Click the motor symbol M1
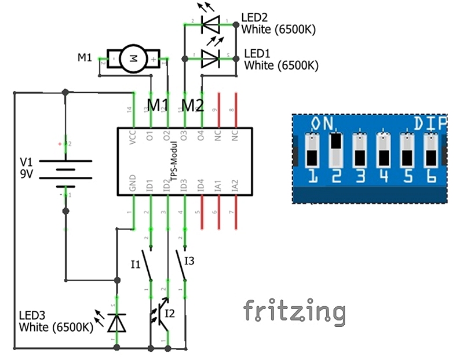[x=134, y=58]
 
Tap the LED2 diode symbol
[x=209, y=24]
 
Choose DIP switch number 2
[x=335, y=149]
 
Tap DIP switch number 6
[x=430, y=149]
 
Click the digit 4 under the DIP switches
[x=383, y=176]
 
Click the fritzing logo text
[x=294, y=311]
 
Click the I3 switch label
[x=189, y=260]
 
